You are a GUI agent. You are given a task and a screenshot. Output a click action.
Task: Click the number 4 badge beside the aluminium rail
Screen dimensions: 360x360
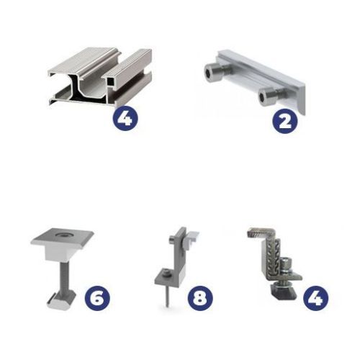click(x=125, y=118)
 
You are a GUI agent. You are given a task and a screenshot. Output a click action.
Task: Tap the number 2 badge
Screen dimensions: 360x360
click(x=285, y=121)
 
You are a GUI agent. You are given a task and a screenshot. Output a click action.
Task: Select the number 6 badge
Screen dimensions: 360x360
click(x=97, y=298)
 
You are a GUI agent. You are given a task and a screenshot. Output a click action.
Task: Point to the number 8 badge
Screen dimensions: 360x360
click(x=200, y=298)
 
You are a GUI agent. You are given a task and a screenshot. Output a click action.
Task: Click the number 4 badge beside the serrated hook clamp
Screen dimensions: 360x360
click(x=315, y=298)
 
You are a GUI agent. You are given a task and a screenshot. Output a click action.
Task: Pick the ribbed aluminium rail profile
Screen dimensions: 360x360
click(x=101, y=77)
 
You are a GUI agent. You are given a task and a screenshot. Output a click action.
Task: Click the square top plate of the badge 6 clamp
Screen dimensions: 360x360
click(x=62, y=239)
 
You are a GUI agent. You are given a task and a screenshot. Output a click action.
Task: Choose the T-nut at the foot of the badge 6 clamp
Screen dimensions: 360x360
click(x=61, y=300)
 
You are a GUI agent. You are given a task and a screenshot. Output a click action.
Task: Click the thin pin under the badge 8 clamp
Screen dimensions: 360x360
click(x=167, y=297)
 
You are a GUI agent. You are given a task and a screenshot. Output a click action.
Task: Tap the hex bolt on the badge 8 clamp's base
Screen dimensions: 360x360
click(x=166, y=272)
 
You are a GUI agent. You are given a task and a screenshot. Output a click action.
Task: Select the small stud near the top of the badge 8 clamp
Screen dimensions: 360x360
click(x=173, y=240)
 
